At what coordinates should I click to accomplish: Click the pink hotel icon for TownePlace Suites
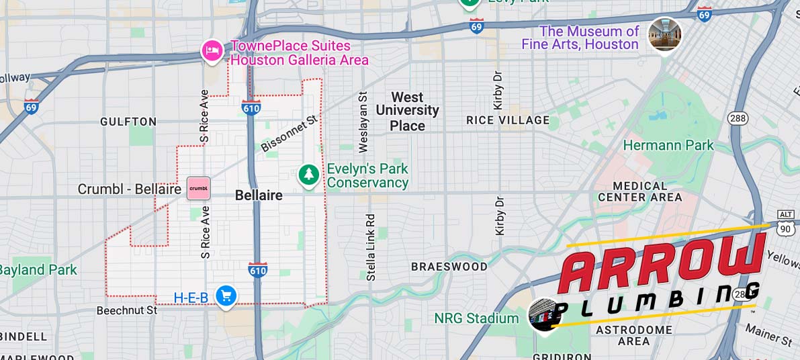click(212, 50)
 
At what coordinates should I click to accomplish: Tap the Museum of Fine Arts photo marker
click(664, 34)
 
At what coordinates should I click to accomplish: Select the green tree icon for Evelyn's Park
click(308, 175)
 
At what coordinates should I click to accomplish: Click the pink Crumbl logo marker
click(198, 189)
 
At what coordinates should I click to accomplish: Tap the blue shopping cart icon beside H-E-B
click(226, 296)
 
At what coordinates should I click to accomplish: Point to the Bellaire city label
click(259, 195)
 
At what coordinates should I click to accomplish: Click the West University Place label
click(407, 111)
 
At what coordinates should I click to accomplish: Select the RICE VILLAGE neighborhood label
click(508, 120)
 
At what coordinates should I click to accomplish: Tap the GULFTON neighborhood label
click(128, 122)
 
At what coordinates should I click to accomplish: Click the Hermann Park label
click(668, 145)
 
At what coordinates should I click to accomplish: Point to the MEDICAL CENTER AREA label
click(639, 191)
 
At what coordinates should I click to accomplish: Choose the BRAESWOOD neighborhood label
click(449, 267)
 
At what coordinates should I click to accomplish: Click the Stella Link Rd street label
click(370, 247)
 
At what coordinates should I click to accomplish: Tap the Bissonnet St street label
click(289, 132)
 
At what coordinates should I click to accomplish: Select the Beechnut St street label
click(127, 310)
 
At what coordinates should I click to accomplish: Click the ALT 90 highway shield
click(785, 224)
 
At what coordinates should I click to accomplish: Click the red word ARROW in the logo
click(662, 265)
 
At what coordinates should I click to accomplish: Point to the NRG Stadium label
click(476, 318)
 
